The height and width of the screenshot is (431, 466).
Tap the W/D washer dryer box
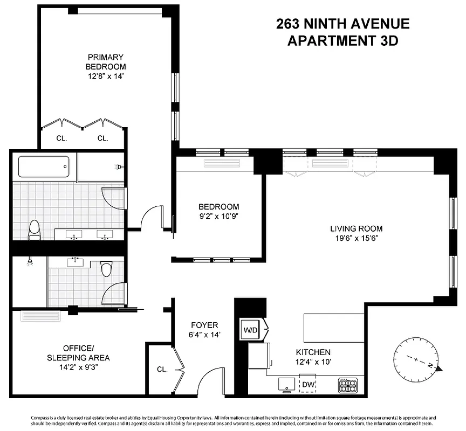tap(250, 329)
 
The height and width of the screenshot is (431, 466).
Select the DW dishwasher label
tap(308, 384)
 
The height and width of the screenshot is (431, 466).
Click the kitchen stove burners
tap(347, 385)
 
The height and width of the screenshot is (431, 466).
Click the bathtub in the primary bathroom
tap(44, 166)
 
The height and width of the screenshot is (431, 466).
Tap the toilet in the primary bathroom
tap(35, 229)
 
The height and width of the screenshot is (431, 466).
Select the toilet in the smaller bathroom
tap(106, 268)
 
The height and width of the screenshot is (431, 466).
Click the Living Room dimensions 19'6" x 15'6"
tap(357, 239)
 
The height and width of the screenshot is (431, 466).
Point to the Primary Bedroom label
tap(106, 62)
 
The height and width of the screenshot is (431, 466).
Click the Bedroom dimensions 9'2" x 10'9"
tap(218, 217)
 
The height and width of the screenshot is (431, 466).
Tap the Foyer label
tap(204, 325)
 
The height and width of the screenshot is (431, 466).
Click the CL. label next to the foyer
tap(162, 370)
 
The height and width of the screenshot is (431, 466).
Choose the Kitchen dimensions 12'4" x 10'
tap(313, 362)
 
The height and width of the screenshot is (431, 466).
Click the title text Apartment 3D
tap(342, 41)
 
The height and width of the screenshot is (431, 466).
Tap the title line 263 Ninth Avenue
tap(342, 24)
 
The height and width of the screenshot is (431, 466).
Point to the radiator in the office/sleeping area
tap(43, 316)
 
